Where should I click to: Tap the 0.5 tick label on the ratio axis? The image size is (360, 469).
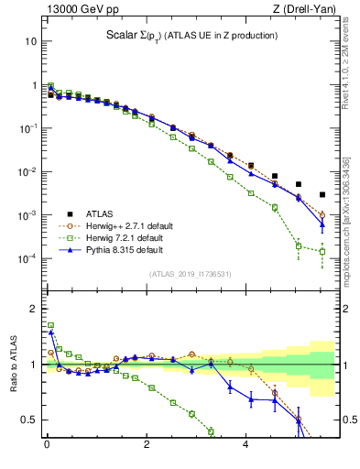(x=28, y=420)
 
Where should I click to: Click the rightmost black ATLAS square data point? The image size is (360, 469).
(x=322, y=194)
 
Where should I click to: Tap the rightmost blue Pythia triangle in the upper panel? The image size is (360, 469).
(x=322, y=224)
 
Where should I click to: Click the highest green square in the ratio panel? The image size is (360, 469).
(x=51, y=325)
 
